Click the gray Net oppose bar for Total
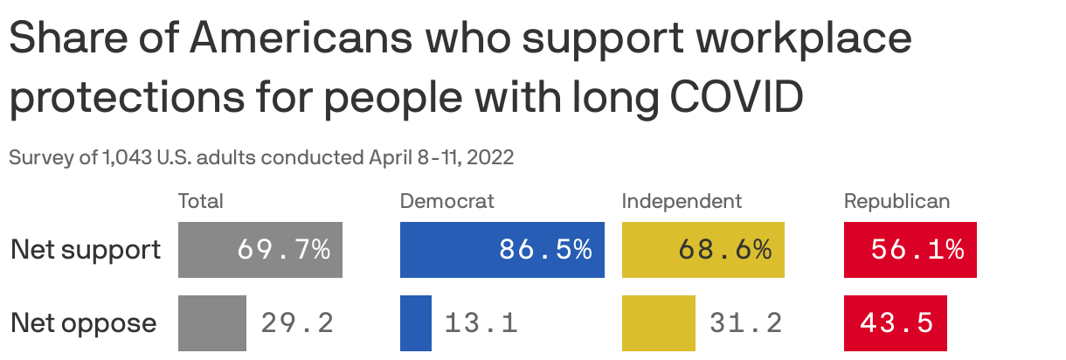(x=212, y=323)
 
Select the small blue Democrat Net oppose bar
(x=416, y=323)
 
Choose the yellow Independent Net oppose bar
(x=659, y=323)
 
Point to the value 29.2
(x=297, y=323)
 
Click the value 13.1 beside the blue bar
(x=481, y=323)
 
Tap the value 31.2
(x=745, y=323)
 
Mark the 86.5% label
(x=545, y=250)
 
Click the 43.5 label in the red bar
(x=896, y=323)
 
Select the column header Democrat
(x=446, y=201)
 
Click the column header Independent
(x=682, y=201)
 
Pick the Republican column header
(x=896, y=201)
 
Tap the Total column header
(x=201, y=201)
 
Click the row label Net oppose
(x=84, y=323)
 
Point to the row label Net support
(x=86, y=250)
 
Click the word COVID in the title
(x=736, y=99)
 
